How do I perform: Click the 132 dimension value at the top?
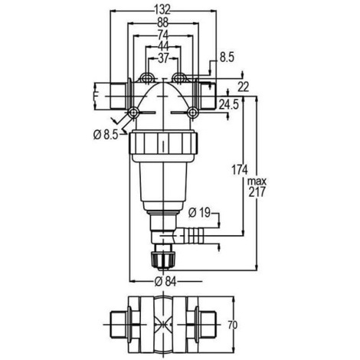click(162, 10)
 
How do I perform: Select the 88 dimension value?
click(162, 23)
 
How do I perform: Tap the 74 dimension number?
click(162, 35)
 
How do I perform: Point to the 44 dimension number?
click(163, 47)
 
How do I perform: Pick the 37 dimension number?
click(163, 58)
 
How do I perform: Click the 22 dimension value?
click(243, 87)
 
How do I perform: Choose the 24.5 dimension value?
click(229, 104)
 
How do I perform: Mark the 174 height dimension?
click(240, 170)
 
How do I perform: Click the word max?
click(257, 182)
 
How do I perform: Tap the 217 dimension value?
click(257, 191)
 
